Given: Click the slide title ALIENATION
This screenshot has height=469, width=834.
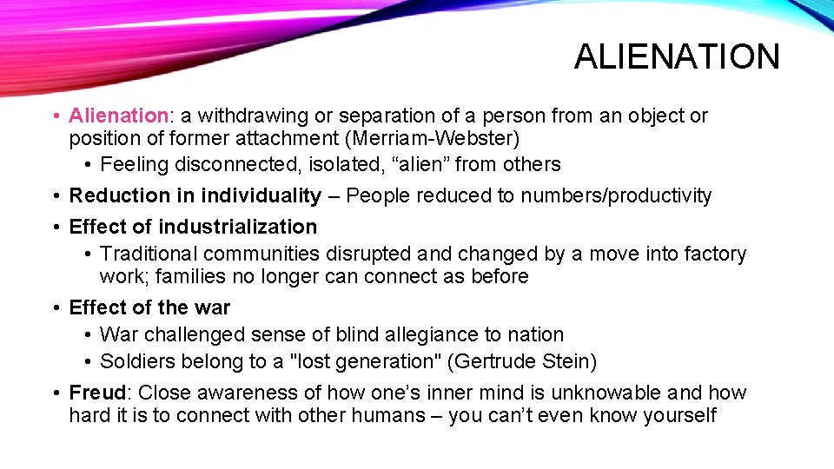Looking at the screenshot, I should (677, 57).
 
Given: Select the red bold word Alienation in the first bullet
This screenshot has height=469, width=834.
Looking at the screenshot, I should (117, 116).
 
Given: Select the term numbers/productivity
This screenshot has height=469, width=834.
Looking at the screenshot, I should (616, 195).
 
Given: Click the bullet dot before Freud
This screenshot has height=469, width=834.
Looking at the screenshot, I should (55, 393).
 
